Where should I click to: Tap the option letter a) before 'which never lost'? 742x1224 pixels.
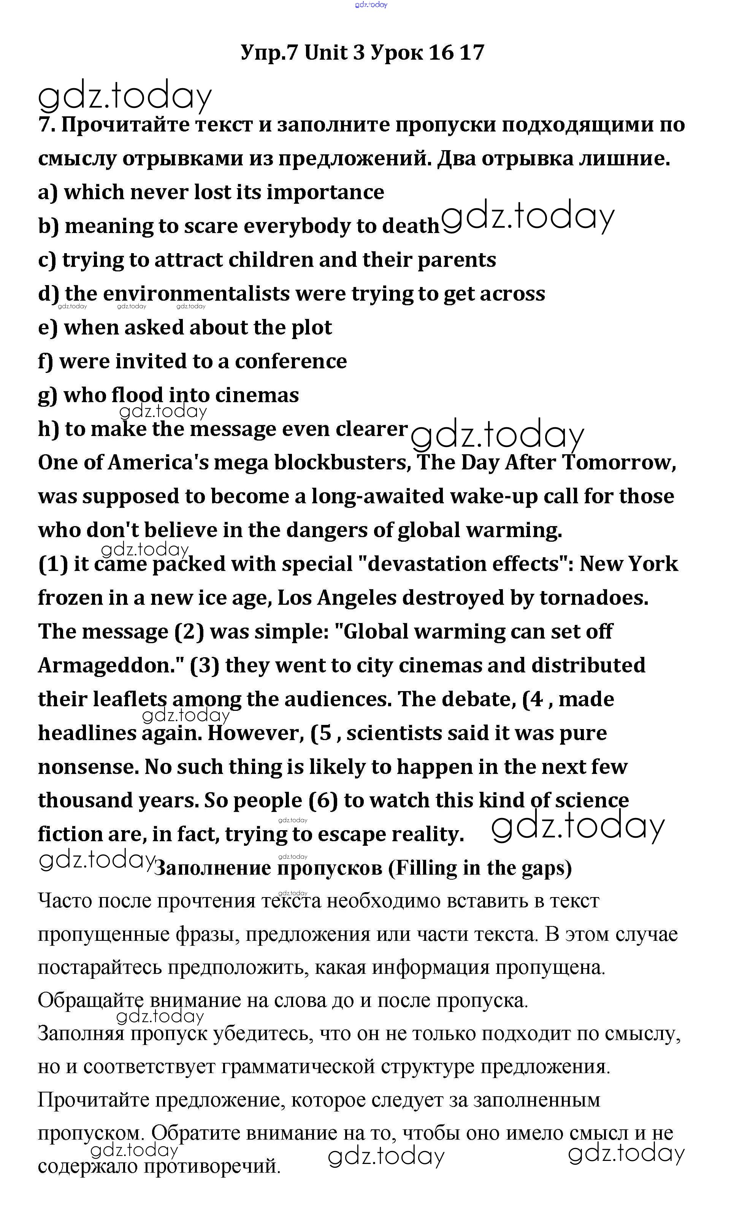[x=48, y=192]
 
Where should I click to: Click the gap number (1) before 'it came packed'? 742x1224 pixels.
[x=52, y=564]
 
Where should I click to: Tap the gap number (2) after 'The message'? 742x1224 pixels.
[x=189, y=631]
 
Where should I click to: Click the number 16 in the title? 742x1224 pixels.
[x=441, y=52]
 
